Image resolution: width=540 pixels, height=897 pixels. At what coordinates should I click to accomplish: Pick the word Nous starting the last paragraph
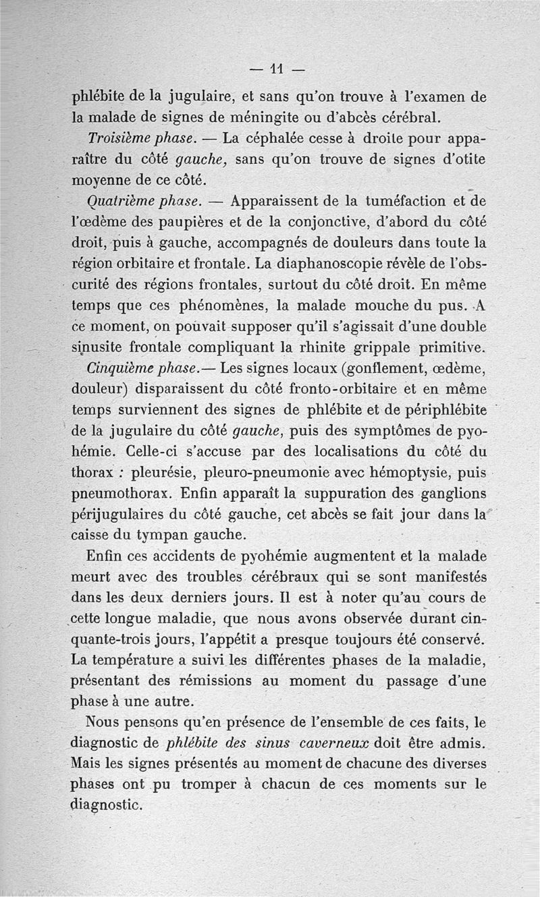pyautogui.click(x=104, y=722)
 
